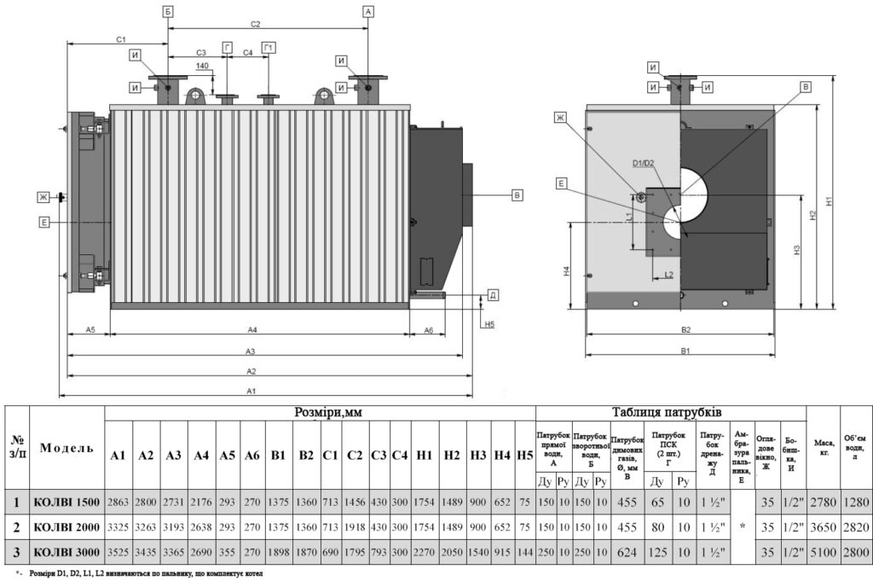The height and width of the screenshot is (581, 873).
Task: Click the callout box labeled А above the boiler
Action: (x=368, y=11)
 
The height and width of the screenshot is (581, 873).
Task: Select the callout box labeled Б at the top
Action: (x=168, y=11)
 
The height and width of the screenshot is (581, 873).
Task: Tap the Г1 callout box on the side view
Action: (x=269, y=47)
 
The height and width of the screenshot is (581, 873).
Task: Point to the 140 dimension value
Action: (x=202, y=66)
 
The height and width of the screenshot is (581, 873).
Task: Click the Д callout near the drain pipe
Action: (x=493, y=295)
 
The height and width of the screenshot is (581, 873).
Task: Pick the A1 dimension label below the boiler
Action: (x=251, y=391)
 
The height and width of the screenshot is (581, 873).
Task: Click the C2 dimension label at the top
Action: (x=254, y=24)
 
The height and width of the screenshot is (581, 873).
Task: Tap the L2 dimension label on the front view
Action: (x=669, y=274)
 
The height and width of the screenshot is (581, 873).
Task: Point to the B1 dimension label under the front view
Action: (x=685, y=351)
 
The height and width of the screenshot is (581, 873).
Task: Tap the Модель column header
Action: (x=67, y=448)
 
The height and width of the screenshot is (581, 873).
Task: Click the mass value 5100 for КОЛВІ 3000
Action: (x=823, y=553)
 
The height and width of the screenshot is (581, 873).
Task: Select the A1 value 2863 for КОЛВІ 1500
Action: (x=119, y=502)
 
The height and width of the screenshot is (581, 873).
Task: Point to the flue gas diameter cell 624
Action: (x=627, y=553)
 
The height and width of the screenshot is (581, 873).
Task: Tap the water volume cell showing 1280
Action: (x=856, y=502)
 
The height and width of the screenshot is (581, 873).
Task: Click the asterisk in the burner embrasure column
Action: (x=743, y=527)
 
